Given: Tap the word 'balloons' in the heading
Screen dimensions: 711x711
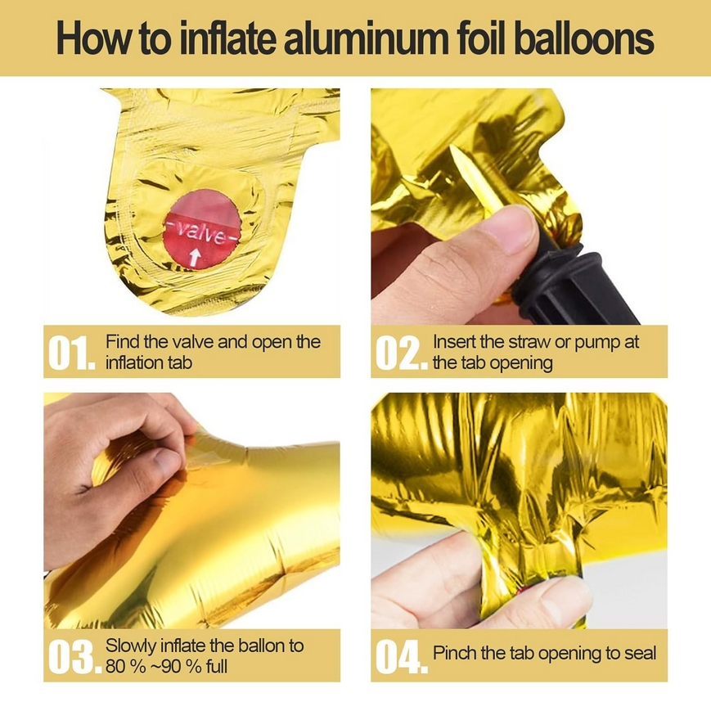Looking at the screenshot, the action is tap(584, 38).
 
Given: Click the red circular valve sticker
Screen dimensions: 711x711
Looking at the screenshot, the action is tap(201, 229).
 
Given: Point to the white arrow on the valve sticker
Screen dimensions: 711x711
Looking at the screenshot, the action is tap(195, 256).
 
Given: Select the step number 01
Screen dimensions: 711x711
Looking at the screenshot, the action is tap(72, 353).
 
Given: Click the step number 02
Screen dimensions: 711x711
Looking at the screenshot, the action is tap(401, 353).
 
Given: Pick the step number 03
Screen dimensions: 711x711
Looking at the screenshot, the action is tap(74, 656).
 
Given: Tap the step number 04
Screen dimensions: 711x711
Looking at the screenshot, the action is tap(402, 656).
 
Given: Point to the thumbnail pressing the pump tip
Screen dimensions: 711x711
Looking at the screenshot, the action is tap(514, 231).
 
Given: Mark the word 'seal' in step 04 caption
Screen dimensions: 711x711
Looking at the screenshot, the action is tap(641, 653).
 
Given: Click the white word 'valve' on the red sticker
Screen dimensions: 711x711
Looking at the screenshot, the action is tap(201, 232).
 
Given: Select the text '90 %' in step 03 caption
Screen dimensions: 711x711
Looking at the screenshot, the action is tap(181, 667).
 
